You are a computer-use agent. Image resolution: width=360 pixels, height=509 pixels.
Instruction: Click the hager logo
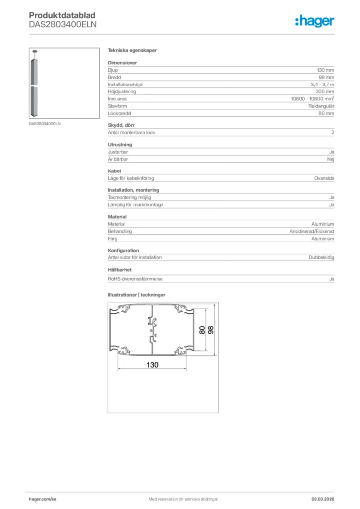[x=314, y=20]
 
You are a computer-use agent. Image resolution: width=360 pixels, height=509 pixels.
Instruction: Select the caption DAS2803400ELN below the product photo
[x=45, y=123]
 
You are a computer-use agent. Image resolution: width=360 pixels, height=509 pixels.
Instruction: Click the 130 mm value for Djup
[x=326, y=71]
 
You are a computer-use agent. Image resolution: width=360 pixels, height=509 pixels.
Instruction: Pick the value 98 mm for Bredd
[x=326, y=78]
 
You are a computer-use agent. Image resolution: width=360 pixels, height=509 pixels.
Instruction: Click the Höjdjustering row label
[x=122, y=92]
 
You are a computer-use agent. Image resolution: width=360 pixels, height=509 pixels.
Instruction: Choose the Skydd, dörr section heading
[x=121, y=125]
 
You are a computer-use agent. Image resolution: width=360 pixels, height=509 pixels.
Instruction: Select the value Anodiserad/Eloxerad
[x=312, y=232]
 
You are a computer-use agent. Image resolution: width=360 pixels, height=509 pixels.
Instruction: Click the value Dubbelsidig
[x=321, y=257]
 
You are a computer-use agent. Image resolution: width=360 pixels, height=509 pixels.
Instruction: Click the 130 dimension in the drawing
[x=152, y=365]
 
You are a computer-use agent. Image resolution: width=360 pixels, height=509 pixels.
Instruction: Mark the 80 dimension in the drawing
[x=202, y=330]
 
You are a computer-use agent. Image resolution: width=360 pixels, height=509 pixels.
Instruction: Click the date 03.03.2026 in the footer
[x=323, y=499]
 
